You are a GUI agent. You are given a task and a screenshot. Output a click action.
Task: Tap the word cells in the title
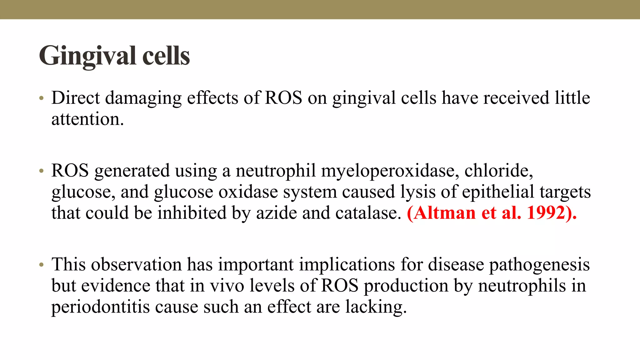pos(166,56)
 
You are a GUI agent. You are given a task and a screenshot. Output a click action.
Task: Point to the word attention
pos(87,119)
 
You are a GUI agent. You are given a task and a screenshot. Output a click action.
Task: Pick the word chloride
pos(498,171)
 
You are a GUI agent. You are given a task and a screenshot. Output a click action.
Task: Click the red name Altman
pos(442,213)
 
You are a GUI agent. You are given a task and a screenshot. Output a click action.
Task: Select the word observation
pos(136,264)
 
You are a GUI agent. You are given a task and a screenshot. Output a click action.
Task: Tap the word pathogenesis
pos(539,265)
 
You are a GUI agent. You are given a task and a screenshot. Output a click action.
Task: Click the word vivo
pos(227,286)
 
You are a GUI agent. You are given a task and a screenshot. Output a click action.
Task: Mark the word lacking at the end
pos(376,307)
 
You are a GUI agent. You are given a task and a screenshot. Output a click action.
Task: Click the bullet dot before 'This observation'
pos(41,265)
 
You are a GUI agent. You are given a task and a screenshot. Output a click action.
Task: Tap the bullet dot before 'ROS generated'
pos(41,171)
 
